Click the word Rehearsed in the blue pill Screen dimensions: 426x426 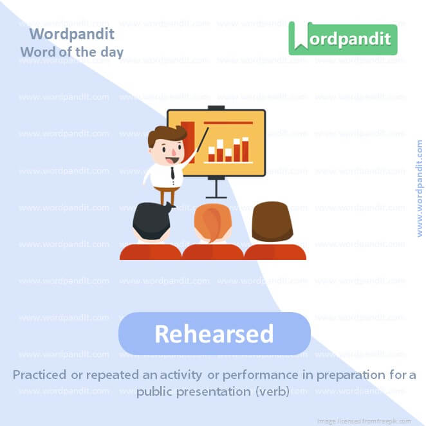(x=214, y=334)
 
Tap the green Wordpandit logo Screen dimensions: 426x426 (x=342, y=39)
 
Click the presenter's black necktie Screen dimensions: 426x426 (x=173, y=173)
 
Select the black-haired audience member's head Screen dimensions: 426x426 (x=151, y=222)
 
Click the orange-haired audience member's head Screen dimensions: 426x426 (x=212, y=223)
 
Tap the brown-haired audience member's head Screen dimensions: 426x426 (x=272, y=221)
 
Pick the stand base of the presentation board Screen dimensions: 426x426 (x=216, y=196)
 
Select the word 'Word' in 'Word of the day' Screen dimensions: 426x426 (x=36, y=51)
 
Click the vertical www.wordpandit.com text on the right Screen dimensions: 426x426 (x=420, y=189)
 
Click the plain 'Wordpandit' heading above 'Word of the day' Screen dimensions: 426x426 (x=71, y=33)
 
